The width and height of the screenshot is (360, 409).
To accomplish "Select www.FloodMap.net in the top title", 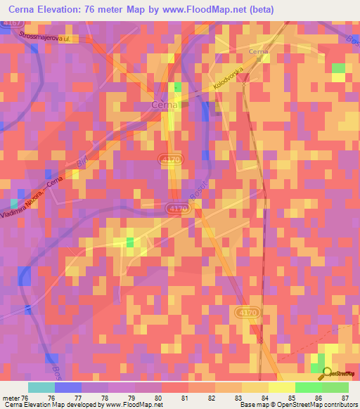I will tap(200, 8).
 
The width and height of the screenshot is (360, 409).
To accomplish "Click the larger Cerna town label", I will tap(164, 105).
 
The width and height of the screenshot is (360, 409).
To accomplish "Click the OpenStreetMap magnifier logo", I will tap(327, 375).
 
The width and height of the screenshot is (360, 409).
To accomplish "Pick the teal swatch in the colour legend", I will tap(41, 387).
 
